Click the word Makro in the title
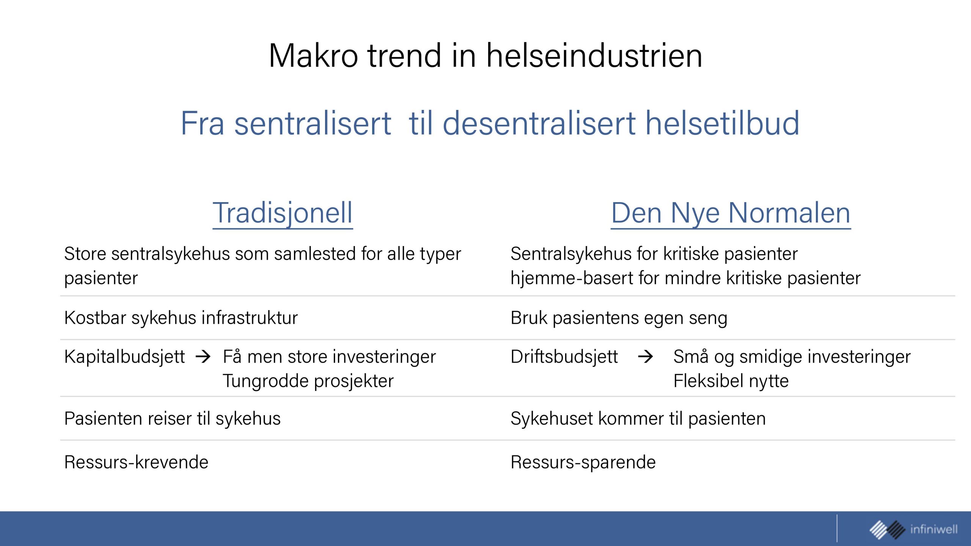pos(313,56)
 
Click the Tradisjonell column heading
pos(283,213)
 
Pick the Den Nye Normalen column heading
pos(731,213)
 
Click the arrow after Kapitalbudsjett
pos(203,356)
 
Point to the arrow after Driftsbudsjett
pos(645,356)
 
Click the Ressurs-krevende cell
pos(137,462)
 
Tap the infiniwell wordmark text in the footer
pos(934,529)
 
